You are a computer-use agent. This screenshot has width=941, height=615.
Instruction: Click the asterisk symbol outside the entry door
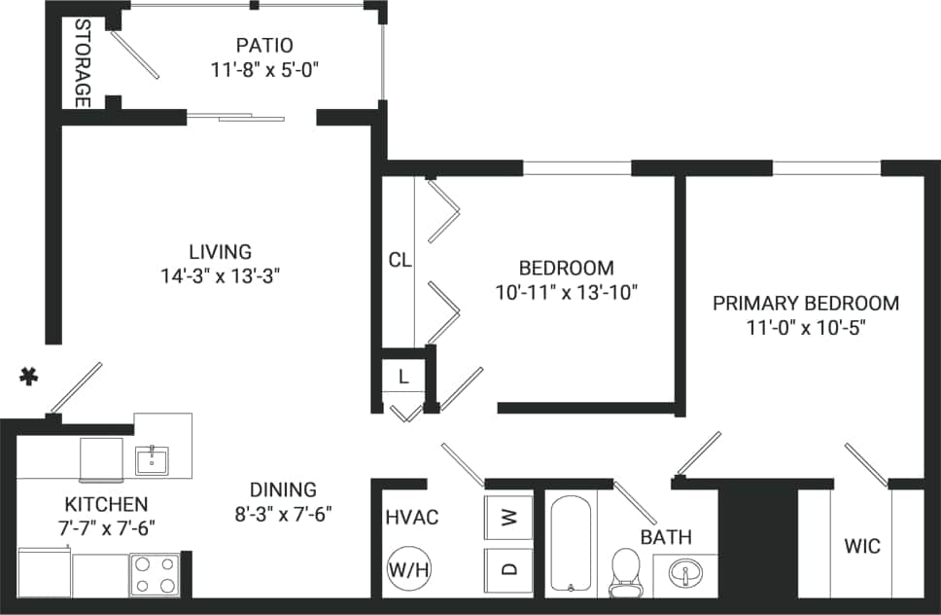click(x=30, y=377)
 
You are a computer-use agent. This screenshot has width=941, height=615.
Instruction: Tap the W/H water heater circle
click(x=408, y=569)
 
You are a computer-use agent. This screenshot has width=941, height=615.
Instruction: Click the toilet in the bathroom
click(x=624, y=571)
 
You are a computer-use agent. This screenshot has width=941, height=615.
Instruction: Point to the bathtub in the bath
click(x=571, y=543)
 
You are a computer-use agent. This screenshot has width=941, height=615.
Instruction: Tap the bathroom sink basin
click(x=686, y=573)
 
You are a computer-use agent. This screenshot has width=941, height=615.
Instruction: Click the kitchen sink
click(x=153, y=459)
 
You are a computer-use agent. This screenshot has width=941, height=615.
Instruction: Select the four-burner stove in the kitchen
click(x=156, y=574)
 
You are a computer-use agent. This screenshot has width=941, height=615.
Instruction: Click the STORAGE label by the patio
click(x=83, y=63)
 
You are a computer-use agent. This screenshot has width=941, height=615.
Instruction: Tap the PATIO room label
click(x=264, y=46)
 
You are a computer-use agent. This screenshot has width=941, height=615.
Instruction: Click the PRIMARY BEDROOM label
click(x=806, y=303)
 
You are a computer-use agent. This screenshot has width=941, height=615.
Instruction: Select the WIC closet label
click(x=861, y=546)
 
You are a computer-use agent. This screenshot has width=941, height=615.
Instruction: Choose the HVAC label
click(x=411, y=518)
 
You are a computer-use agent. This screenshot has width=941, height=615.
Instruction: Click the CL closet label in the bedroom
click(x=400, y=260)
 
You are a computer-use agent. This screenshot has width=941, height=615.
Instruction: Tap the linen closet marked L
click(x=402, y=374)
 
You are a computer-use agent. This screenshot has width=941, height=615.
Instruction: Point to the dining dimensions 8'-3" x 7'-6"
click(x=283, y=514)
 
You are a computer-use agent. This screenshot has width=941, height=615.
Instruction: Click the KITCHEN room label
click(x=106, y=504)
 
